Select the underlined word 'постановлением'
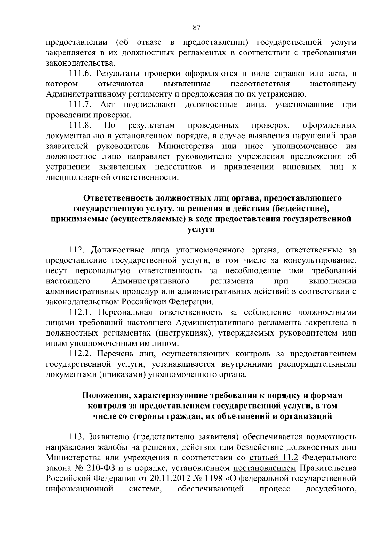(x=265, y=468)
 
